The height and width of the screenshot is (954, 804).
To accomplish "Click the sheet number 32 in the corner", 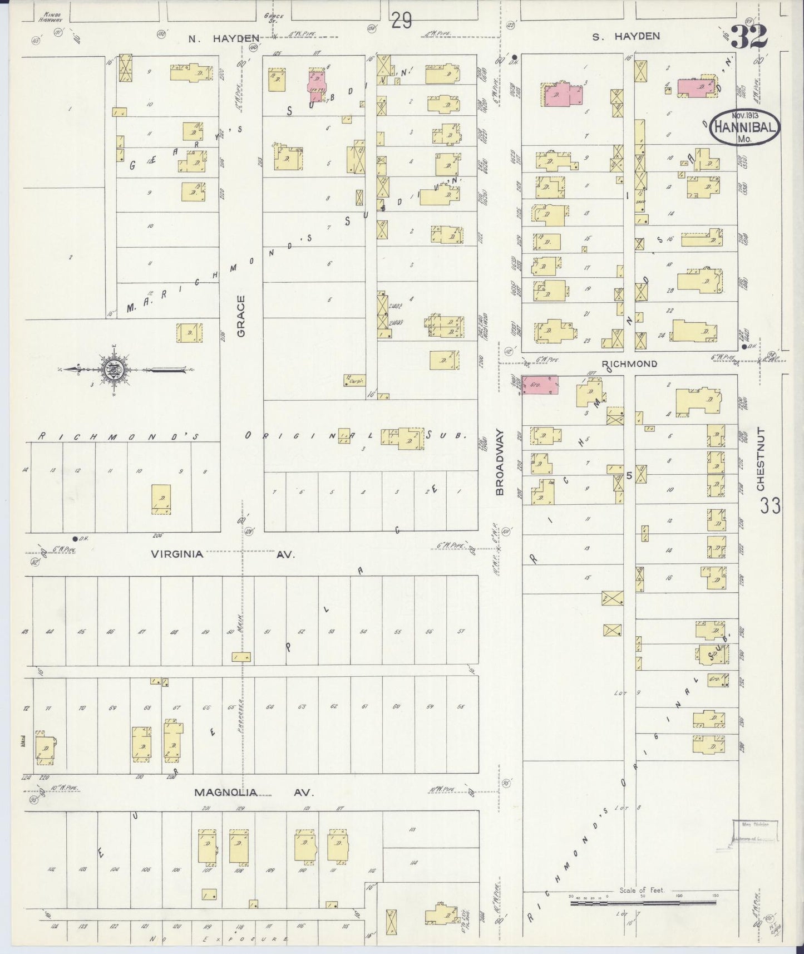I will [749, 36].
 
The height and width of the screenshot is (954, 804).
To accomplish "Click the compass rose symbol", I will [113, 370].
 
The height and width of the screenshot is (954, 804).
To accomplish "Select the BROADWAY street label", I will [500, 462].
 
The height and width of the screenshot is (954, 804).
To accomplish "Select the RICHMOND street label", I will [629, 364].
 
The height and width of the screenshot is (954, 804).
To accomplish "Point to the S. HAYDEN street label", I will [625, 36].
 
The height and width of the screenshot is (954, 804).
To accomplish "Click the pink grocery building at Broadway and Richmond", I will [540, 385].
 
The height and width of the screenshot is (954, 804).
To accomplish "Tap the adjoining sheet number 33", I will [771, 506].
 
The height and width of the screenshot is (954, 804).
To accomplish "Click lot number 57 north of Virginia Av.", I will [461, 632].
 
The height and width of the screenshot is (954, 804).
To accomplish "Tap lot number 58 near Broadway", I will [461, 707].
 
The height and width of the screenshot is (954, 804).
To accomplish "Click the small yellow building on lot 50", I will [241, 657].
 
